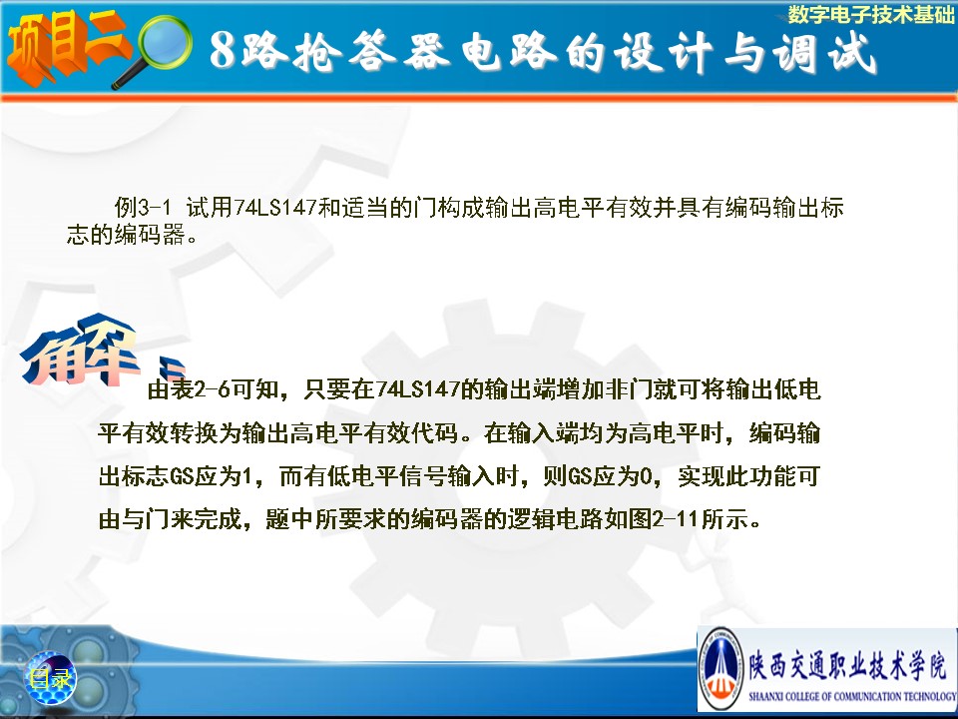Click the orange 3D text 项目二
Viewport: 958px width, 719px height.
click(x=67, y=47)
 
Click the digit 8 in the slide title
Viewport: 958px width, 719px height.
click(x=223, y=50)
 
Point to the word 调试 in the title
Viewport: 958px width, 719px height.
click(x=824, y=51)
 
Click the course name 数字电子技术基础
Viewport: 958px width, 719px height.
click(x=870, y=14)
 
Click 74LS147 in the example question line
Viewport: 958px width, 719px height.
click(x=275, y=208)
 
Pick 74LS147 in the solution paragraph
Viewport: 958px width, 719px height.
click(x=417, y=389)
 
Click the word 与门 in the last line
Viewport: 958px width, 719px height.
click(x=146, y=519)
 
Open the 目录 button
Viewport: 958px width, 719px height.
click(x=50, y=678)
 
